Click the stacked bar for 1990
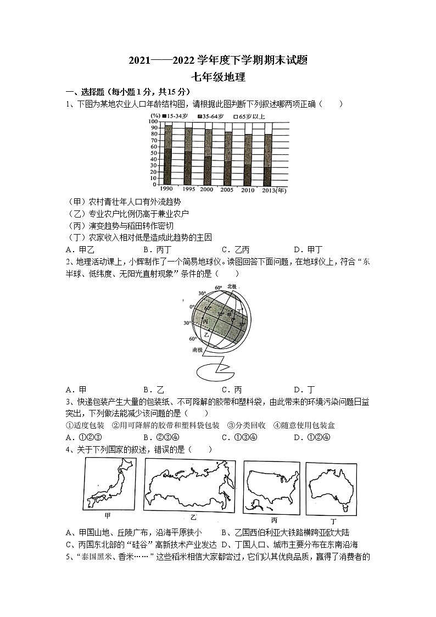point(168,154)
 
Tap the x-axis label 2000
point(208,190)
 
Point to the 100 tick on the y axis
point(154,121)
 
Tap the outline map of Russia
point(190,486)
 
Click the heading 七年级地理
point(218,77)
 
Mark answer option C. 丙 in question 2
point(231,390)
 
